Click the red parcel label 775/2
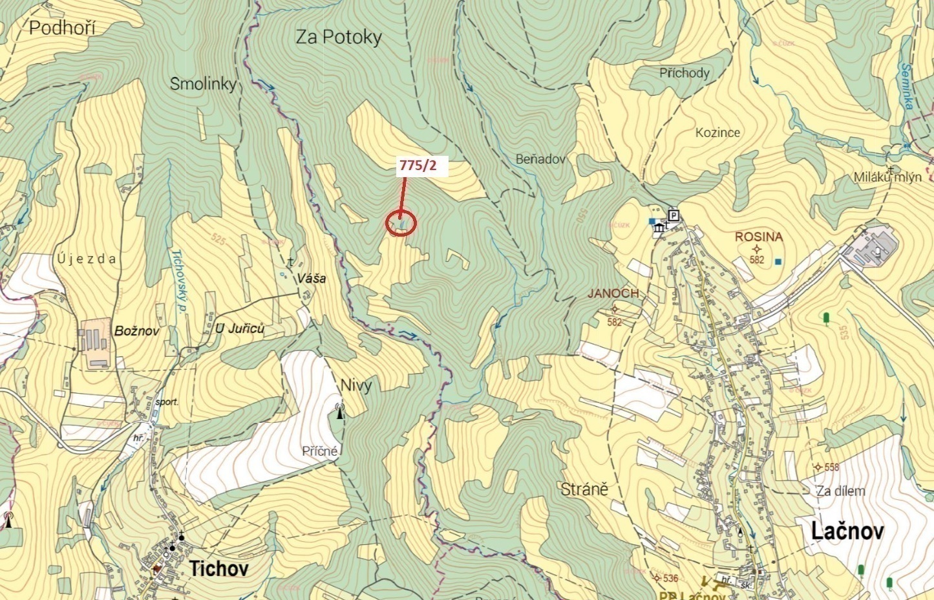tap(418, 166)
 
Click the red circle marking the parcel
tap(401, 224)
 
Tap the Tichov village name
tap(218, 568)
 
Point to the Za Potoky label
tap(339, 37)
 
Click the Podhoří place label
tap(62, 28)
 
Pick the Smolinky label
tap(203, 83)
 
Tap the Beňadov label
tap(541, 159)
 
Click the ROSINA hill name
tap(759, 237)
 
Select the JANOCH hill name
tap(613, 294)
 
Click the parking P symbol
tap(674, 215)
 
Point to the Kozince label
tap(717, 133)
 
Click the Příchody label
tap(685, 73)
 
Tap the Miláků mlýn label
tap(887, 177)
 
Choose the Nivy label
tap(356, 386)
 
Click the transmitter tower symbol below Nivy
tap(340, 411)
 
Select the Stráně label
tap(584, 489)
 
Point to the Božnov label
tap(136, 331)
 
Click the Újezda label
tap(87, 259)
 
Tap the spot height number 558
tap(831, 467)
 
